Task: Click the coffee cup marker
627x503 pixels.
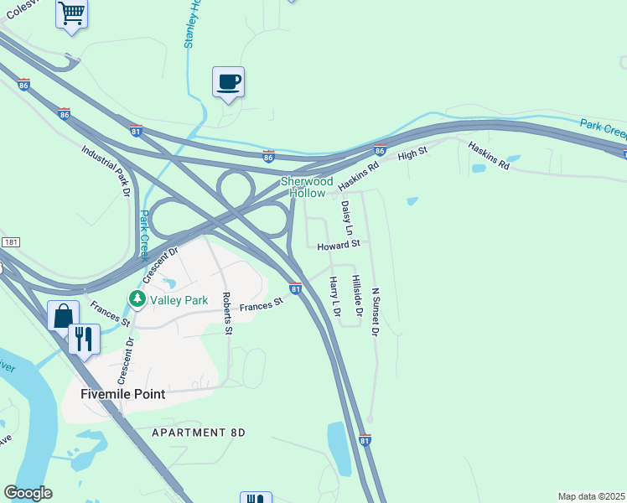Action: (228, 82)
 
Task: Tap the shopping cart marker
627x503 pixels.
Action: (72, 13)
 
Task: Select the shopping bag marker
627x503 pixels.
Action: (64, 317)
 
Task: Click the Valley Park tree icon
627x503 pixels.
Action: (136, 298)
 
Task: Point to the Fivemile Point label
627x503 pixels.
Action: (122, 393)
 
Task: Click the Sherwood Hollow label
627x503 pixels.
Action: (307, 187)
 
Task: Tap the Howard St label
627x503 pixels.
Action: (339, 244)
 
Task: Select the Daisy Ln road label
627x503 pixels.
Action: (348, 217)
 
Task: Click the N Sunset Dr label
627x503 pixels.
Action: (376, 313)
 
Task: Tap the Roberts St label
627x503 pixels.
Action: (226, 314)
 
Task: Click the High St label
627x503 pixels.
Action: (412, 154)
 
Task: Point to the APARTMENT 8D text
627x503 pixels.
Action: (199, 433)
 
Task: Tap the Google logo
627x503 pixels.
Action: (28, 493)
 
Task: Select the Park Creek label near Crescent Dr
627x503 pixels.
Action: (145, 235)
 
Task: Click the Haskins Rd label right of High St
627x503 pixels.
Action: (489, 156)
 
